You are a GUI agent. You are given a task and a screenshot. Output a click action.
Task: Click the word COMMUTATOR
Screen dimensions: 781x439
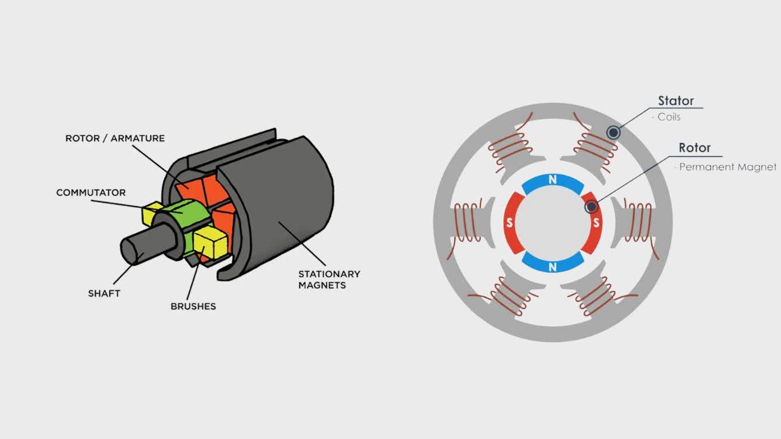pos(91,193)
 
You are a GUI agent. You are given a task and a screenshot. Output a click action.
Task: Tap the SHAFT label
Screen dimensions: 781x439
pos(104,293)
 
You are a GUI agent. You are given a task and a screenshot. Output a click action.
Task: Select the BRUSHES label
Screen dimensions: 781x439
pos(193,306)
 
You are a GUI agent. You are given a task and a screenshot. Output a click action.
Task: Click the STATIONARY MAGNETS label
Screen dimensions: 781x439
pos(329,280)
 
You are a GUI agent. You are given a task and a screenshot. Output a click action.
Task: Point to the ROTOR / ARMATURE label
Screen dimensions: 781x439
pos(115,138)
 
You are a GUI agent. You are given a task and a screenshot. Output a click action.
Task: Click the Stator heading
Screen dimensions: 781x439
pos(676,101)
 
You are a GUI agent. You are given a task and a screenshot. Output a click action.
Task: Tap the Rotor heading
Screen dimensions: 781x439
pos(695,148)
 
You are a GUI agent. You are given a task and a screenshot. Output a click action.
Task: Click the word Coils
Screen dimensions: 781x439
pos(669,117)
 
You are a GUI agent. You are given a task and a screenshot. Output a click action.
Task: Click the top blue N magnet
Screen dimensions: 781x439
pos(553,183)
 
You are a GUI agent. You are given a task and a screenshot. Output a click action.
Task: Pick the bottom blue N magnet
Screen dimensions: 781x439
pos(553,262)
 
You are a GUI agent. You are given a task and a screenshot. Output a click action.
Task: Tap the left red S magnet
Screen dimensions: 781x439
pos(513,223)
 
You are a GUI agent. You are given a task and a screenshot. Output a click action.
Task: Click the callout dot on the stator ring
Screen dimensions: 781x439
pos(613,133)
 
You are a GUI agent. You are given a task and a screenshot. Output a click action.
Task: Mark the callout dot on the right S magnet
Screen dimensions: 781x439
pos(591,207)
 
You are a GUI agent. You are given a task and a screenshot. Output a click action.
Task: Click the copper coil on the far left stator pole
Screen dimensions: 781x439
pos(467,223)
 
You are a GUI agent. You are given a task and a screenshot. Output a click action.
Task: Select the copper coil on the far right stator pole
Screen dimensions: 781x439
pos(640,223)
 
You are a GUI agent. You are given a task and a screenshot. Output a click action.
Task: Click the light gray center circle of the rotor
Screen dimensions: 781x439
pos(553,223)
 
